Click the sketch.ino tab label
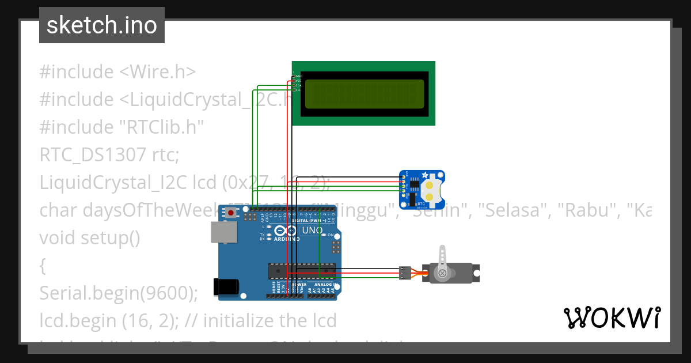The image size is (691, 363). point(102,25)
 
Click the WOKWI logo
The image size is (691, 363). point(612,317)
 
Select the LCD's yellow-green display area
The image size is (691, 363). point(363,94)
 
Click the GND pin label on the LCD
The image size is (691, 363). point(299,76)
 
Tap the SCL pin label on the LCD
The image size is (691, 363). point(299,90)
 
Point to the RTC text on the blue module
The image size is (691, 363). point(421,203)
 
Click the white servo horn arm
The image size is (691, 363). point(442,259)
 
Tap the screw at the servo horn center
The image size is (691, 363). point(442,273)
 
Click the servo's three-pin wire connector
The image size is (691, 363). point(405,273)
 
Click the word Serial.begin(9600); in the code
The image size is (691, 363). point(118,293)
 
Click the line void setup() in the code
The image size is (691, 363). point(90,238)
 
